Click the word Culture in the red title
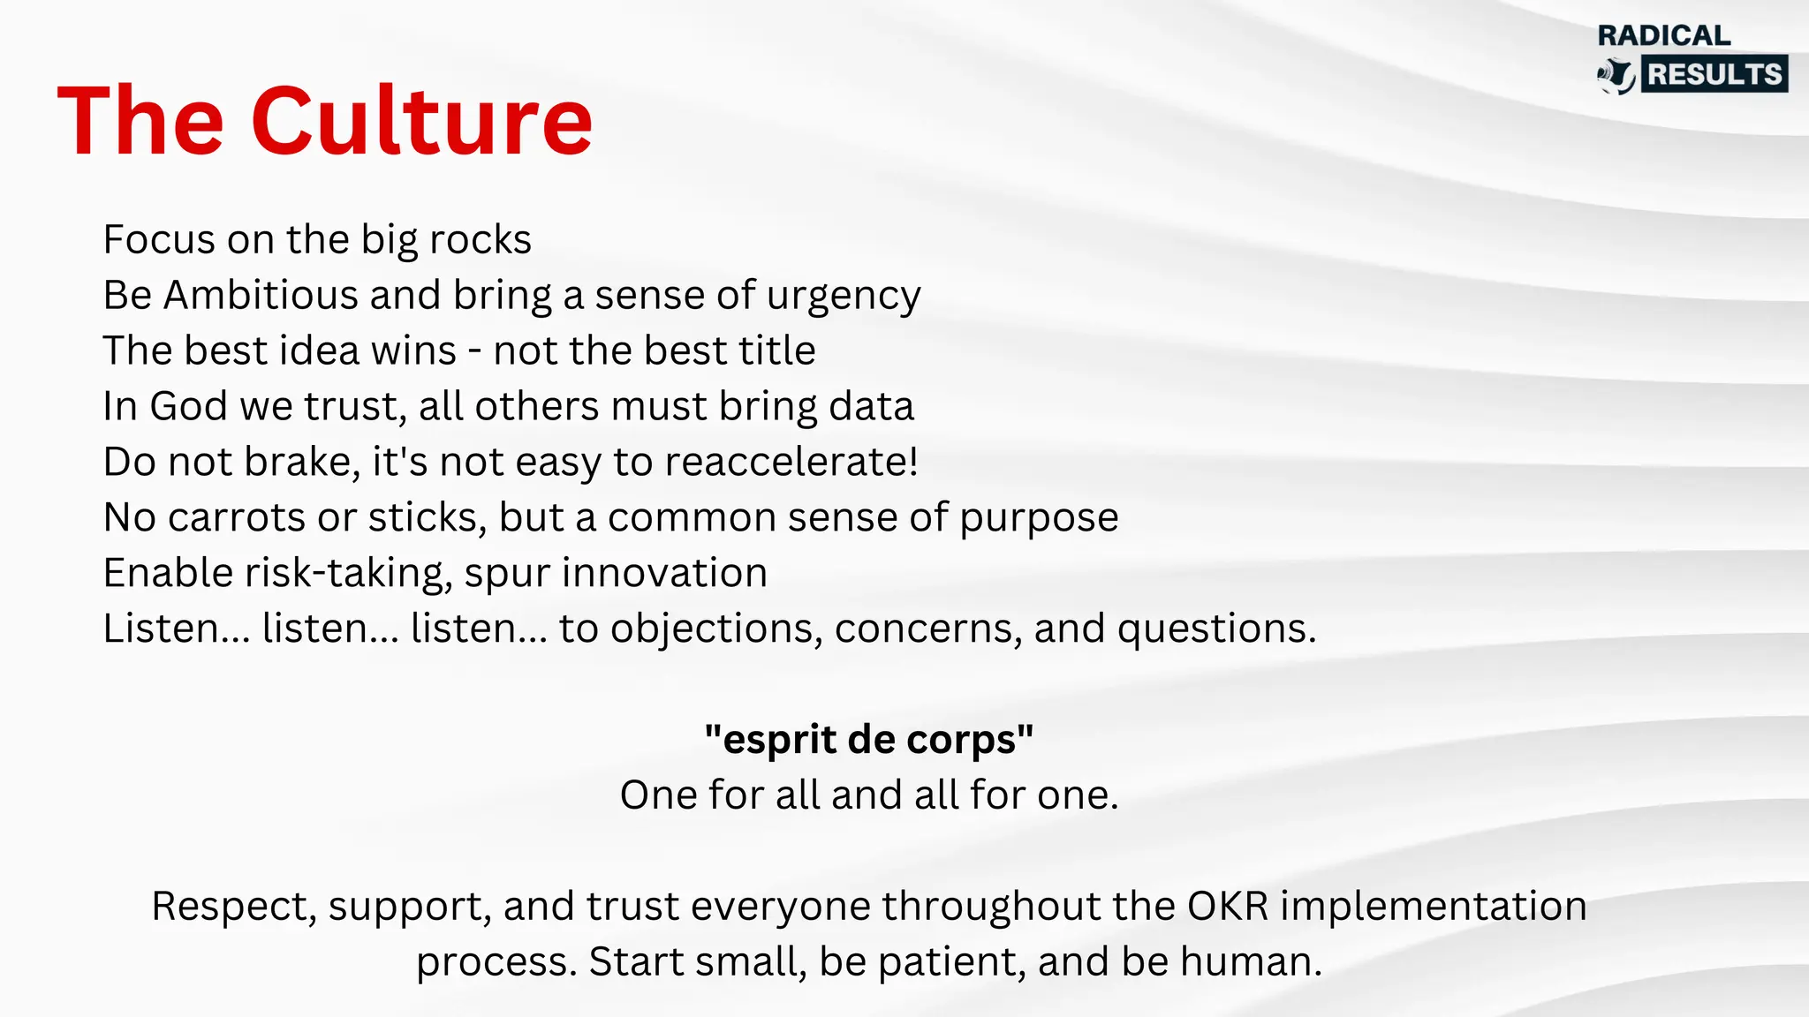(x=421, y=121)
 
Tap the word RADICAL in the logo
(x=1664, y=35)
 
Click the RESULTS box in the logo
(x=1714, y=74)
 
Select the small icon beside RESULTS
(x=1617, y=76)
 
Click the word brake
(x=300, y=462)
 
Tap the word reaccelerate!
(x=791, y=462)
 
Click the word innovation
(x=664, y=573)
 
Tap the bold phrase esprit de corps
(x=869, y=740)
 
